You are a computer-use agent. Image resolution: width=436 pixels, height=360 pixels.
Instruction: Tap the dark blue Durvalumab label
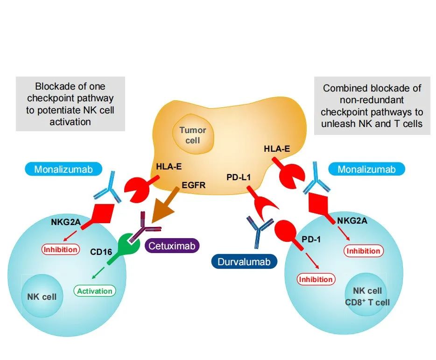(242, 261)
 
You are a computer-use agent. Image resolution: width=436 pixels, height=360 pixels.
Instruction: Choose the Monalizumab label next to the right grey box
(365, 169)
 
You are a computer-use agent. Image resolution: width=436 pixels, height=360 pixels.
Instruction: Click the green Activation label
(95, 291)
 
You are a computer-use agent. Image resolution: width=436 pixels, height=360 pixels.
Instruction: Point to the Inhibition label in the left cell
(61, 249)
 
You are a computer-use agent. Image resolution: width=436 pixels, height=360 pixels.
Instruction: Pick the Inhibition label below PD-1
(316, 280)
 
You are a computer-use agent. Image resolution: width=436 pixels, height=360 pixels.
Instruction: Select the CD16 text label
(101, 253)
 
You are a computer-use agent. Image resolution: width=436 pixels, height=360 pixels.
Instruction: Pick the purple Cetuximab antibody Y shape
(146, 229)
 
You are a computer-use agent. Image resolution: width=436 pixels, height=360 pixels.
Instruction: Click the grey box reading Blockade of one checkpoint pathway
(70, 104)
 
